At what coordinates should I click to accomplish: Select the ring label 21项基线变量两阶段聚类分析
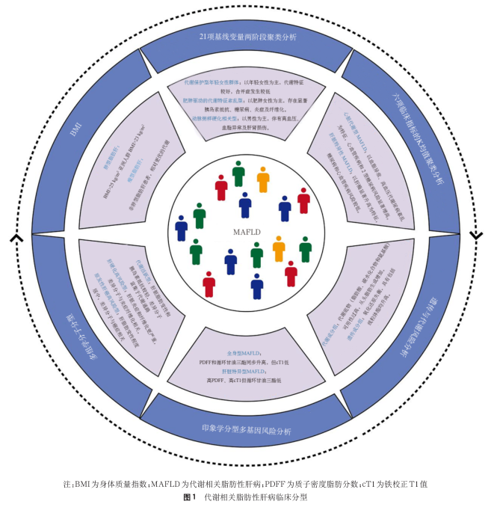(x=247, y=36)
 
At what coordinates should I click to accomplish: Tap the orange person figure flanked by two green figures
(x=279, y=249)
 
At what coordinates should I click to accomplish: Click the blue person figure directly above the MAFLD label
(x=245, y=204)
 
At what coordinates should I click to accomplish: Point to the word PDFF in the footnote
(x=293, y=483)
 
